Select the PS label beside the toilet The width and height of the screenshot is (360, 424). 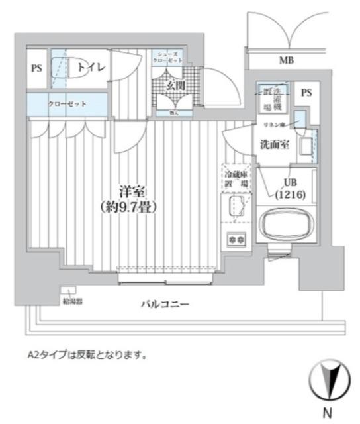(37, 68)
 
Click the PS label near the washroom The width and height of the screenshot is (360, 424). (305, 93)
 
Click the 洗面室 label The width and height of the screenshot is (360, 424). (273, 145)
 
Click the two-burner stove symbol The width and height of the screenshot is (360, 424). (235, 238)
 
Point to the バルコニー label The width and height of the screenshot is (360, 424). (165, 305)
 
